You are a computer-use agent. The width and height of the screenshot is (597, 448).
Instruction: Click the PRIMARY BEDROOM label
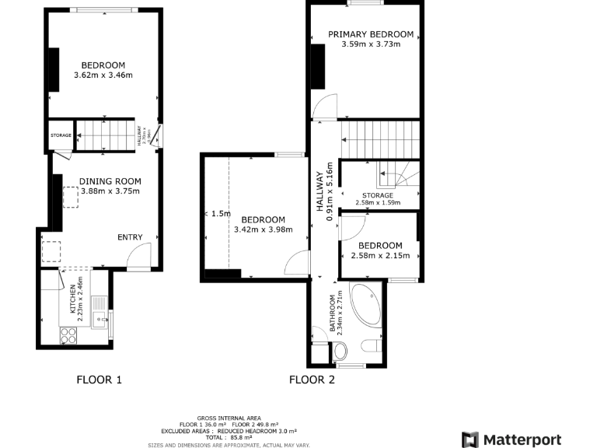coord(370,34)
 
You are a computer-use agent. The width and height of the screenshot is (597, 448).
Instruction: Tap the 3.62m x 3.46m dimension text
coord(103,75)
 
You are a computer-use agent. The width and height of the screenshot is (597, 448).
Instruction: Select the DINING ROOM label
coord(110,181)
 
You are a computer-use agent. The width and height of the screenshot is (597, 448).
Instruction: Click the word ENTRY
coord(130,237)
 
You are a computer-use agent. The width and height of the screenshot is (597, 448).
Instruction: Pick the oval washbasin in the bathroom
coord(340,352)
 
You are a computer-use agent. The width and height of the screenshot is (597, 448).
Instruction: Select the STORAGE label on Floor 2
coord(377,195)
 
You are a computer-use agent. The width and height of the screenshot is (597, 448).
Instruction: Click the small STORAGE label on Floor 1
coord(61,135)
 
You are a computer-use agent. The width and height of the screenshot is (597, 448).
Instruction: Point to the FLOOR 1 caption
coord(99,380)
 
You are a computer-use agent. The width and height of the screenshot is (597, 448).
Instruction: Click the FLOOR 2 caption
coord(312,380)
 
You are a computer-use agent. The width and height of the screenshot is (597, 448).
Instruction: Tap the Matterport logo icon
coord(470,439)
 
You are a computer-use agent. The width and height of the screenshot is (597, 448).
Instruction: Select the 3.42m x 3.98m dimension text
coord(263,229)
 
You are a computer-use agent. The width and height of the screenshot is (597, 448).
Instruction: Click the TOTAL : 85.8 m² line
coord(228,437)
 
